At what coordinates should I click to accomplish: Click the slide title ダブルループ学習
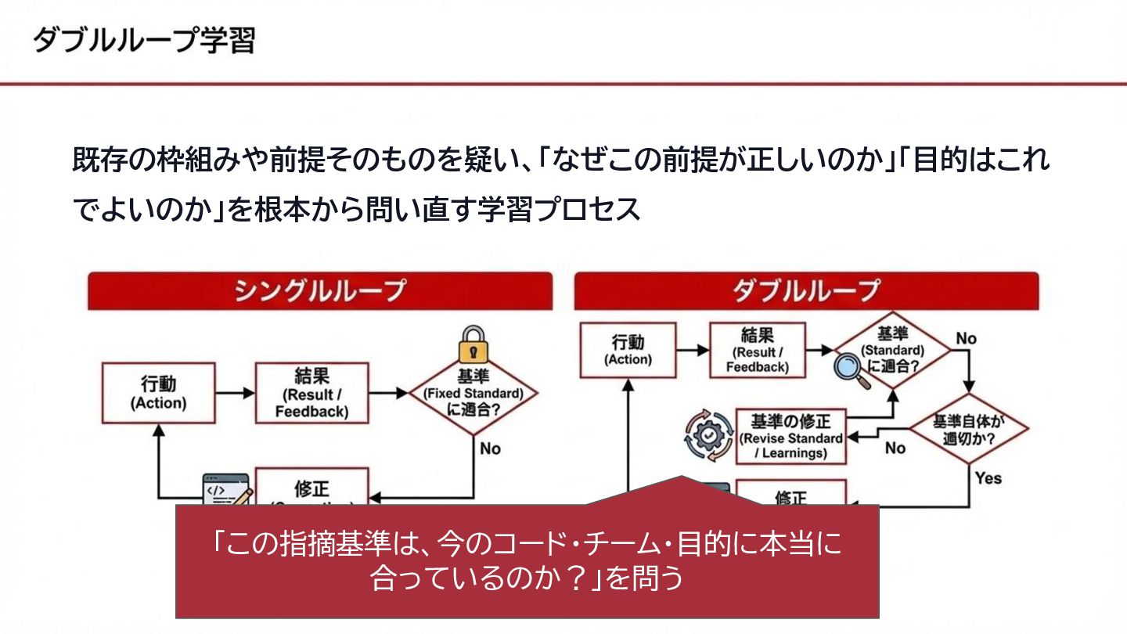point(144,40)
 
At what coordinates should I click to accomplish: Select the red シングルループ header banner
point(319,290)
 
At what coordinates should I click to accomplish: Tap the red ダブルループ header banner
point(806,290)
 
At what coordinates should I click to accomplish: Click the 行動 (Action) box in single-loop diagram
point(158,393)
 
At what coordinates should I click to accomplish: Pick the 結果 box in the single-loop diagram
point(311,393)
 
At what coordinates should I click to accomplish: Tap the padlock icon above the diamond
point(473,344)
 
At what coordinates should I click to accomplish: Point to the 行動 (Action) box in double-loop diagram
point(628,350)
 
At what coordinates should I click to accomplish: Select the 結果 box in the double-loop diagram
point(757,350)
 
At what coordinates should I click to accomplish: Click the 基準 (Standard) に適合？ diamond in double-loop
point(892,351)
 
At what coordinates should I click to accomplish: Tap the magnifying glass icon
point(850,367)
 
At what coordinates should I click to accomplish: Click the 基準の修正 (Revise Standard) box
point(791,436)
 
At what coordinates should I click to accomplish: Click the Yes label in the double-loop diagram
point(988,477)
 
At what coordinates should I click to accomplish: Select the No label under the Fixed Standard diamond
point(490,448)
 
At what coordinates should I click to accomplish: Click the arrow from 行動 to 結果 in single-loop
point(235,393)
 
